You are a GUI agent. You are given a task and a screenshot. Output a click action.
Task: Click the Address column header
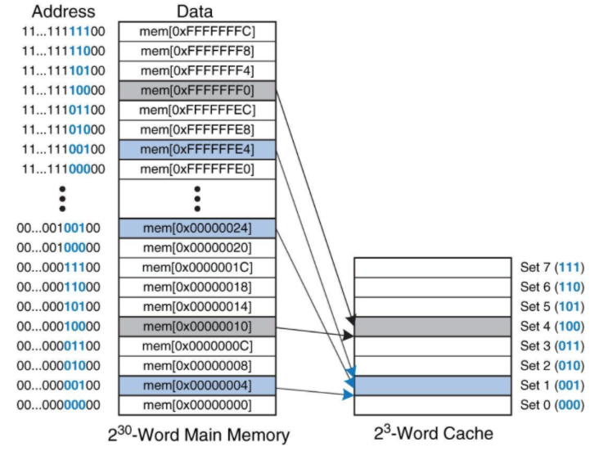click(62, 12)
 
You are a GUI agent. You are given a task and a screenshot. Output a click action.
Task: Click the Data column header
click(196, 12)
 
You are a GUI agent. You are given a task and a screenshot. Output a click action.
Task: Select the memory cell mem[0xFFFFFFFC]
click(197, 31)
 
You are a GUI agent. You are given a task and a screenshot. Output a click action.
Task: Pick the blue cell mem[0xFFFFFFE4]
click(197, 149)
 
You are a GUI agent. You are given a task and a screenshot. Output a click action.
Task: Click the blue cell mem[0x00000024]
click(197, 228)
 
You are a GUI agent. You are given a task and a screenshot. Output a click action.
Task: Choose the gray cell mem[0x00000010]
click(197, 326)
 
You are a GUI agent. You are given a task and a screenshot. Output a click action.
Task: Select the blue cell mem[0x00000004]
click(197, 385)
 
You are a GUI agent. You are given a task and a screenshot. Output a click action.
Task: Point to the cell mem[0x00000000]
click(197, 404)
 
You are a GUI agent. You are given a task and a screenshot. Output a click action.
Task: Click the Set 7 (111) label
click(552, 267)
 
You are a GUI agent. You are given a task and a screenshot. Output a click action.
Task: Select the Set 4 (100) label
click(552, 326)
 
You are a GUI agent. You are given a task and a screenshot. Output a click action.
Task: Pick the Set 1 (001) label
click(552, 385)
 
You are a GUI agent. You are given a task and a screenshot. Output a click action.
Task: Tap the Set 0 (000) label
click(552, 404)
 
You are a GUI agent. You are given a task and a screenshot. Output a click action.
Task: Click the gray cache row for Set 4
click(432, 326)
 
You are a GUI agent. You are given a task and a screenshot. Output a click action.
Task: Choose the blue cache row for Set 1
click(432, 385)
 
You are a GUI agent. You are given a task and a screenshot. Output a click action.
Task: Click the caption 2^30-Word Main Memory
click(197, 435)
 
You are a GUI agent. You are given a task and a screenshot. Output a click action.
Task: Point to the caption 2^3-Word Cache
click(432, 433)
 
